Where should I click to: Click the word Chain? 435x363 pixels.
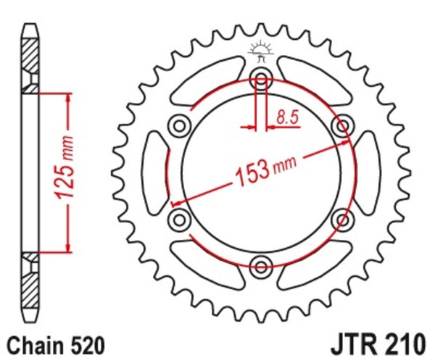pyautogui.click(x=32, y=343)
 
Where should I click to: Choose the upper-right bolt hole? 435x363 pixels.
pyautogui.click(x=341, y=127)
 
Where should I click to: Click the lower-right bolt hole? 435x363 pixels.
pyautogui.click(x=341, y=218)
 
